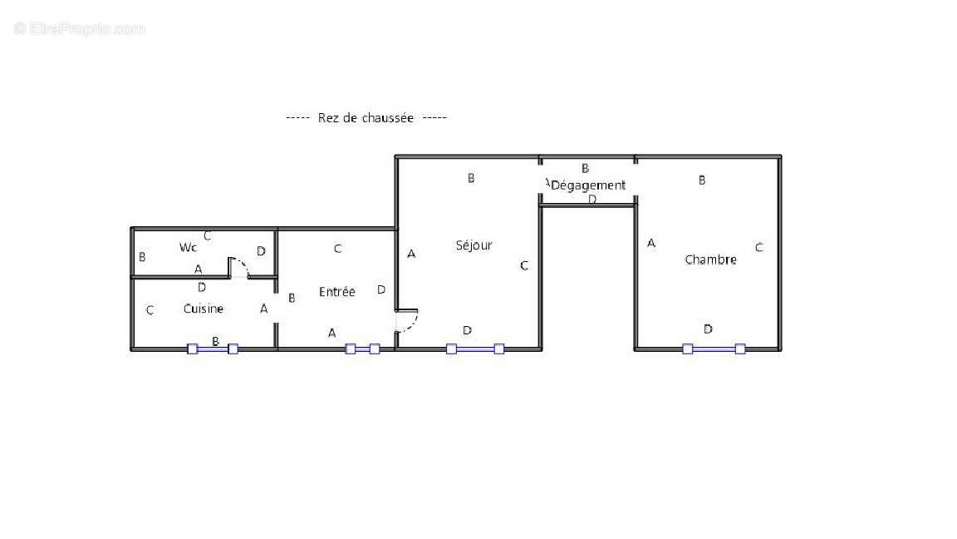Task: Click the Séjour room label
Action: click(x=474, y=245)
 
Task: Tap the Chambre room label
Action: click(x=710, y=260)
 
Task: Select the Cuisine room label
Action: click(x=204, y=309)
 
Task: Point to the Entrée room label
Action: click(x=337, y=292)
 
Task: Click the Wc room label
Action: click(x=188, y=247)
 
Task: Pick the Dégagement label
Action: click(x=588, y=185)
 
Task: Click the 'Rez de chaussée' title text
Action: click(x=366, y=118)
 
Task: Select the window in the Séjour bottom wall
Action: click(x=475, y=349)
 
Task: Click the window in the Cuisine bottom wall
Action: click(x=213, y=349)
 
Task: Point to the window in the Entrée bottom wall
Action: click(x=362, y=349)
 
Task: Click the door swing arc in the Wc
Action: click(x=240, y=266)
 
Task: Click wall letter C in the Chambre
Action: click(x=758, y=247)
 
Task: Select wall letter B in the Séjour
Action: click(x=471, y=178)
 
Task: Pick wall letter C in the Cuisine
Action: click(x=150, y=311)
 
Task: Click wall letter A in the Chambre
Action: click(x=651, y=243)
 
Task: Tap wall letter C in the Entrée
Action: click(x=337, y=249)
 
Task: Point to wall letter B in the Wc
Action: click(x=142, y=258)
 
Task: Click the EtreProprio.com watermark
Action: click(x=80, y=29)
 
